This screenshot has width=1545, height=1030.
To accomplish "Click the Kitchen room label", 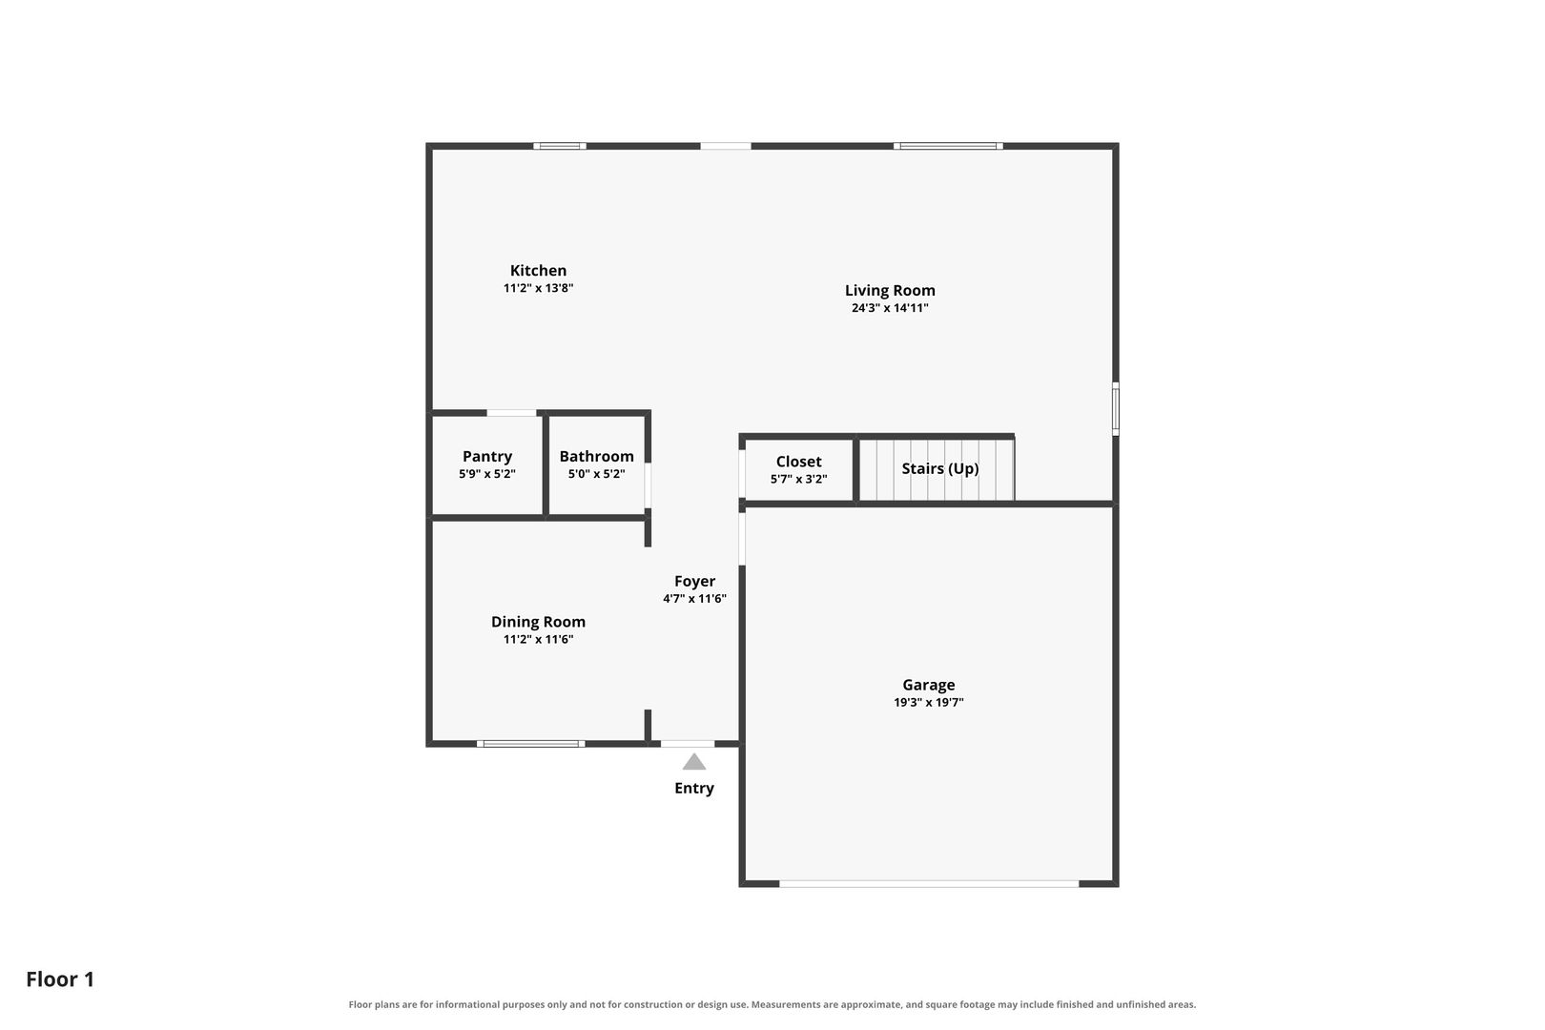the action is [x=538, y=271].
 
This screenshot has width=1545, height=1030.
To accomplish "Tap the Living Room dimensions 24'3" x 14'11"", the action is [x=890, y=308].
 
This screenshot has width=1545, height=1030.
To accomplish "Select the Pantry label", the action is [x=487, y=456].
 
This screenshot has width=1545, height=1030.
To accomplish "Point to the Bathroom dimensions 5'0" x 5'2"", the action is [x=597, y=474].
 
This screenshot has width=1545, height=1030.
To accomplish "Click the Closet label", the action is [x=798, y=462].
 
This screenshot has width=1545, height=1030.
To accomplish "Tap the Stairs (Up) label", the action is [x=940, y=468].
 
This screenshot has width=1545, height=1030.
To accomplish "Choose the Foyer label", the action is [x=694, y=582].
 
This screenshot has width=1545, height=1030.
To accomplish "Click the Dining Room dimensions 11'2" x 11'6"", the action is [x=538, y=640].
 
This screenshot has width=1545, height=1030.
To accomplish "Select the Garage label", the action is [x=928, y=685].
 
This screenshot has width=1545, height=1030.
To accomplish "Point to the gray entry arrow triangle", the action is [x=694, y=763].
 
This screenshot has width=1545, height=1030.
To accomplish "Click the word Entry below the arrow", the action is [x=694, y=788].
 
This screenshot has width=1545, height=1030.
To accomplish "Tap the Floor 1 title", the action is [x=60, y=979].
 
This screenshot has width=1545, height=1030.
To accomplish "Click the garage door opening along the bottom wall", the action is [x=929, y=884].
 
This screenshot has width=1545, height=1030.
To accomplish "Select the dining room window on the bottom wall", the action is [x=530, y=744].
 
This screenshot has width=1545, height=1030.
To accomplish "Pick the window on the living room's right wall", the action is [x=1115, y=409].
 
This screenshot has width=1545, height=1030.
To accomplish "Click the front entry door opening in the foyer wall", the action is [x=688, y=744].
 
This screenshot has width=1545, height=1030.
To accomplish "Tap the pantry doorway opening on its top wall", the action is [x=511, y=413].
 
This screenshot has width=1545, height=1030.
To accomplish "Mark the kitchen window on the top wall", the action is [x=560, y=146].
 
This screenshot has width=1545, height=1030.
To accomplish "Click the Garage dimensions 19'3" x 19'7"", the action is [x=928, y=703].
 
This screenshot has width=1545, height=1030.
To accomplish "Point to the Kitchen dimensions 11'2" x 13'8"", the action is [x=538, y=288].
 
